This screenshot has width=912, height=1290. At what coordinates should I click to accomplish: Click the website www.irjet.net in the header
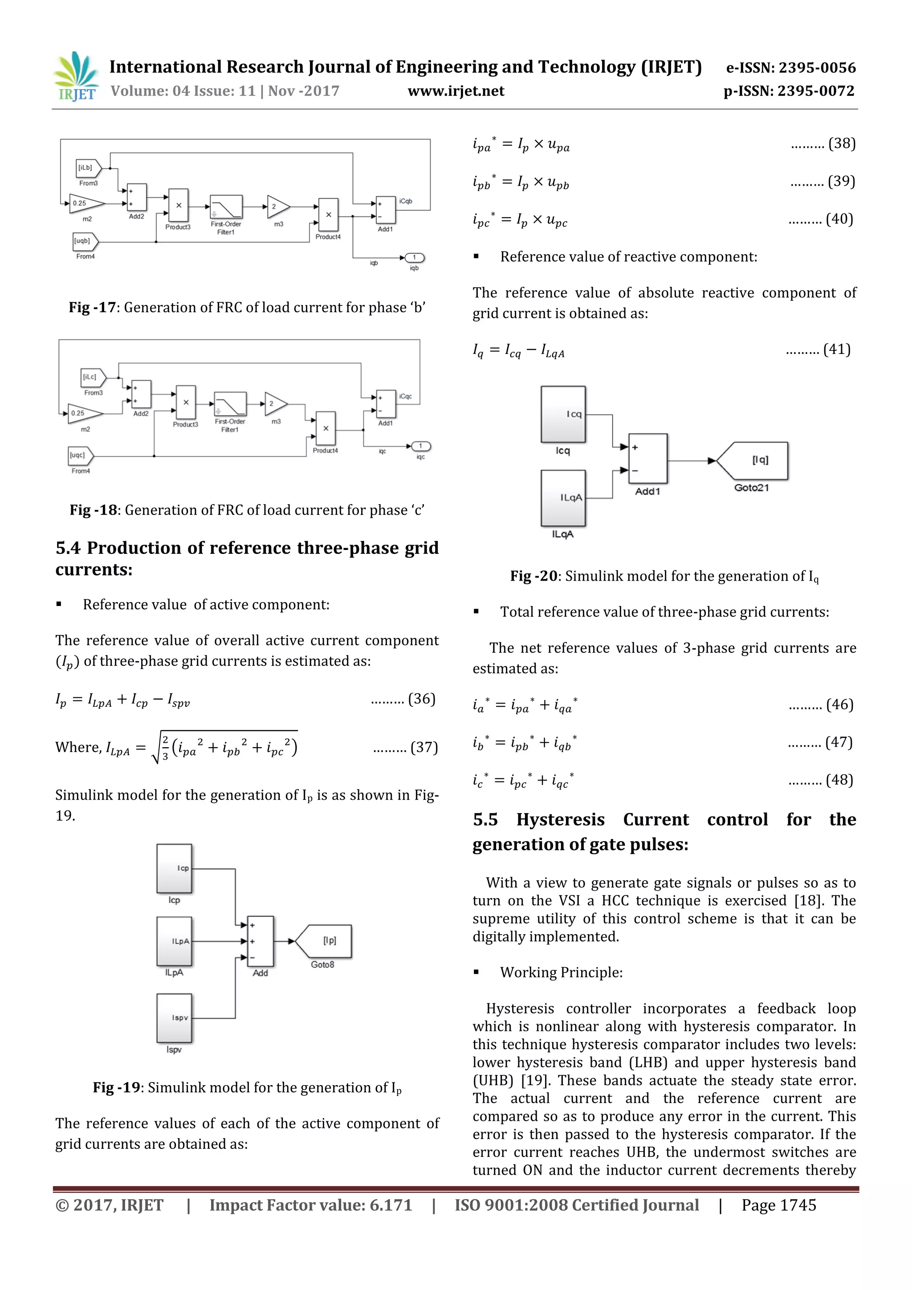[456, 91]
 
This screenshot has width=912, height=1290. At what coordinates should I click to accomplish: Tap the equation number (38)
[841, 143]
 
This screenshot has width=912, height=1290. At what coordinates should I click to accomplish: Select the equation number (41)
[837, 350]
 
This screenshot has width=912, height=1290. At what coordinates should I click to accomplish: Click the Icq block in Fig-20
[563, 415]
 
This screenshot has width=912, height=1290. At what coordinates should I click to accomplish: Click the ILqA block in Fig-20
[563, 498]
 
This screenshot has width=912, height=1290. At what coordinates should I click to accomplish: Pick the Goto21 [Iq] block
[753, 461]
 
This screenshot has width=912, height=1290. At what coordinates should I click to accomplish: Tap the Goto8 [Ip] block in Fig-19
[324, 941]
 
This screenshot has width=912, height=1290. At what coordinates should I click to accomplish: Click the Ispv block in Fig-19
[174, 1018]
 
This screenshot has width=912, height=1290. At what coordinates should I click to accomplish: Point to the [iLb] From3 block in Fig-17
[88, 168]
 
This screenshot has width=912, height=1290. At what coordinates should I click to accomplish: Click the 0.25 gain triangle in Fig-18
[84, 414]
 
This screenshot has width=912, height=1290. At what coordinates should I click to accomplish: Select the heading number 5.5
[485, 820]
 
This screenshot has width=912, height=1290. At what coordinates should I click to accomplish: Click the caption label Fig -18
[93, 510]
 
